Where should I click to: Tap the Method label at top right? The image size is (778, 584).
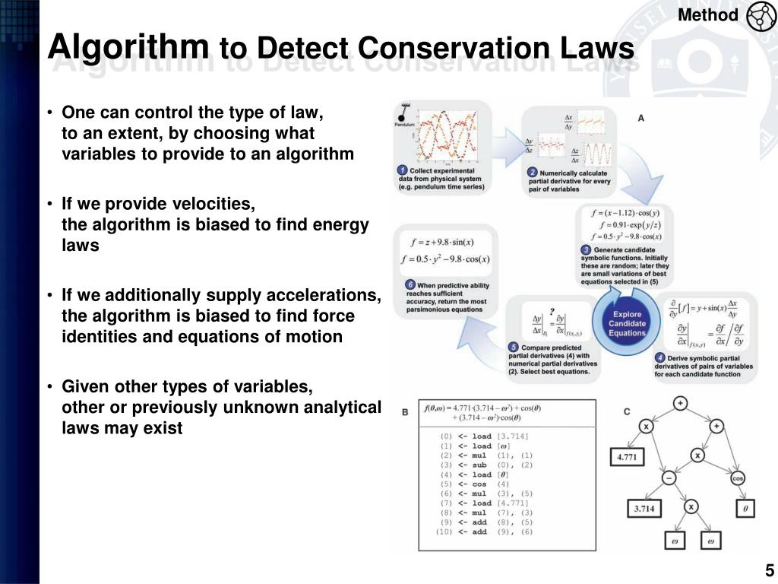tap(707, 15)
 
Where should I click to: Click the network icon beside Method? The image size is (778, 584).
tap(761, 17)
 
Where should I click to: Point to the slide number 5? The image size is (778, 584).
tap(769, 571)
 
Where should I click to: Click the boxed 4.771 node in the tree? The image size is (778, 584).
tap(627, 457)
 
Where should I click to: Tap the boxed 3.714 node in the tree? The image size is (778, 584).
tap(644, 509)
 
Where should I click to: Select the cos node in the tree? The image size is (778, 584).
tap(738, 478)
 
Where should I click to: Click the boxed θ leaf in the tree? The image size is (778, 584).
tap(745, 509)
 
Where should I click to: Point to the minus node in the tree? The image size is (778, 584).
tap(669, 478)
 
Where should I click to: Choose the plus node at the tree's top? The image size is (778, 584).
tap(680, 403)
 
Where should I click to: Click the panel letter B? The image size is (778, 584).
tap(404, 411)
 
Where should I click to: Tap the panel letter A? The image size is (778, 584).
tap(640, 118)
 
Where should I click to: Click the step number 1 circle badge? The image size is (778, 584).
tap(403, 170)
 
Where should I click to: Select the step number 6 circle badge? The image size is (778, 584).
tap(410, 285)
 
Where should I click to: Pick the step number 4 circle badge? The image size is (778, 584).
tap(659, 357)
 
